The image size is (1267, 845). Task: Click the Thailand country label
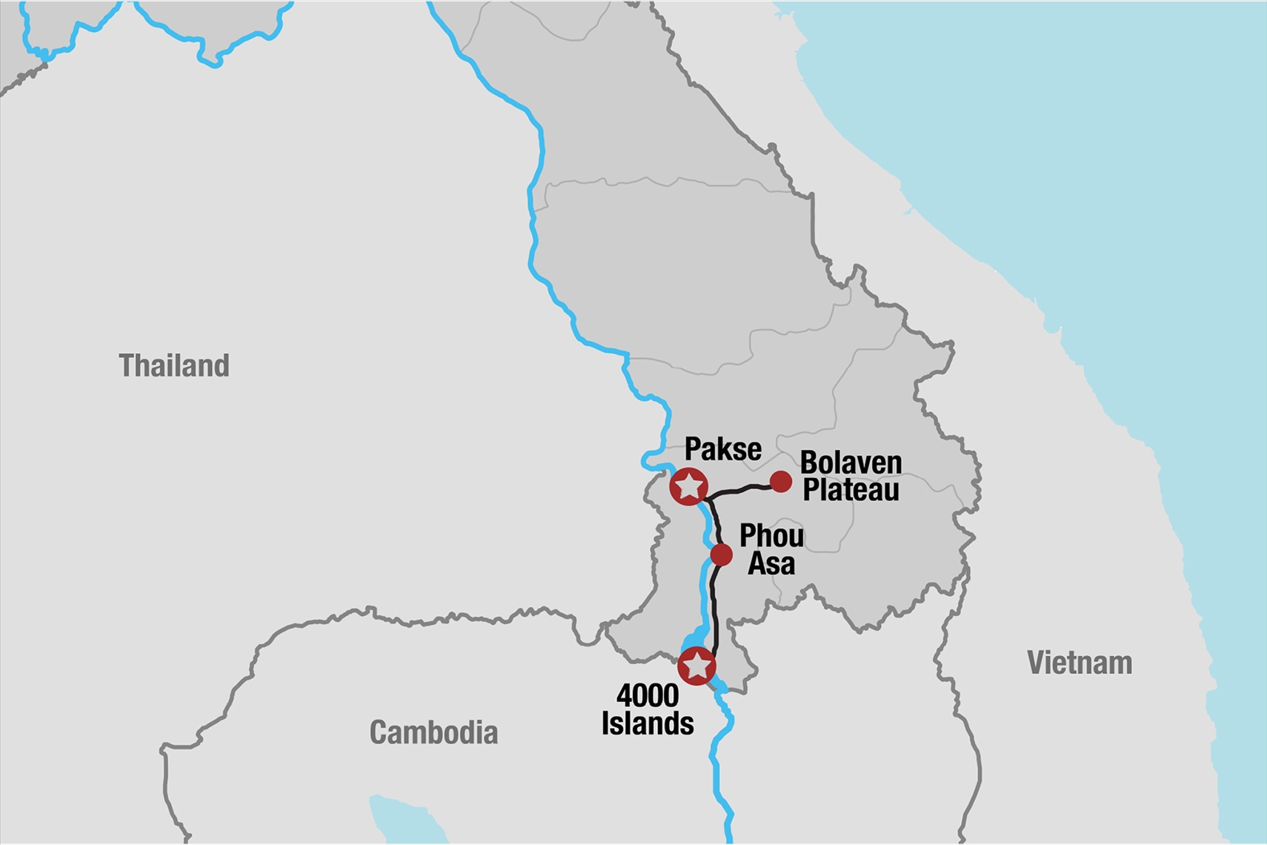[174, 365]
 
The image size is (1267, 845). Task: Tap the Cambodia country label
[433, 732]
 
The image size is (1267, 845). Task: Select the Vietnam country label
[1080, 663]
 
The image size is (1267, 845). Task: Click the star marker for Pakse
[689, 486]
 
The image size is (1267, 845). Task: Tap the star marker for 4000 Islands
[696, 666]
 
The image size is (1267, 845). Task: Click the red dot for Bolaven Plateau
[781, 482]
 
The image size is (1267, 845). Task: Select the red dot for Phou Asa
[721, 554]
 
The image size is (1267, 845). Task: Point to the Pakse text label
[722, 449]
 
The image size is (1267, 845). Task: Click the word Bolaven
[851, 463]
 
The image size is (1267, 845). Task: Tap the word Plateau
[851, 490]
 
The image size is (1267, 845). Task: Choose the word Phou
[771, 536]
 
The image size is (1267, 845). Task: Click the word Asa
[771, 564]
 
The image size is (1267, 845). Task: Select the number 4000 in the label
[648, 696]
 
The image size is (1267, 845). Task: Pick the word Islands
[648, 723]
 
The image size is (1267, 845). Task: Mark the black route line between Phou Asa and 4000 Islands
[714, 608]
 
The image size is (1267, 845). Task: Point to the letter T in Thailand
[126, 365]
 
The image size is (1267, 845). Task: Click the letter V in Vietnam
[1036, 663]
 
